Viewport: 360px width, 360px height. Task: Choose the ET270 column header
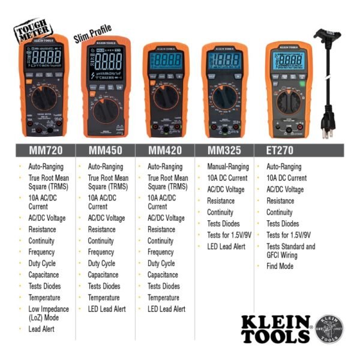click(x=280, y=150)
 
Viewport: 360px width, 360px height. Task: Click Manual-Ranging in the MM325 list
click(x=227, y=167)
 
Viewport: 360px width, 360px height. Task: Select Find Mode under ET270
click(x=280, y=266)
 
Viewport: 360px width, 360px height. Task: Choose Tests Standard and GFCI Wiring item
click(x=290, y=250)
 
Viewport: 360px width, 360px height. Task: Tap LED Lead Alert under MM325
click(x=226, y=246)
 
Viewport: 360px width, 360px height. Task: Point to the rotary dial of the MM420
click(x=166, y=99)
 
